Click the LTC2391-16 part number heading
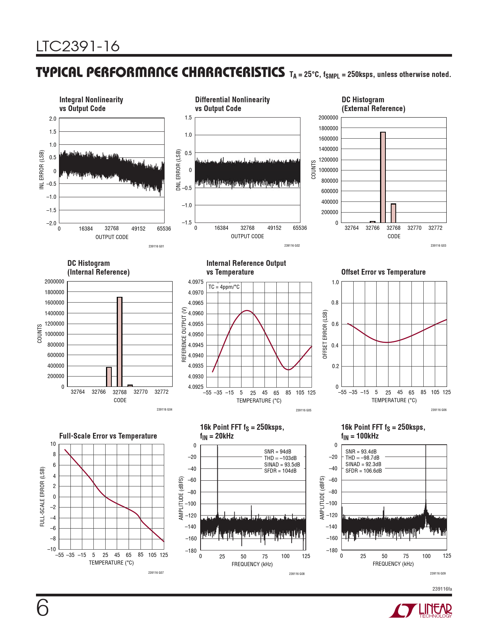pos(78,46)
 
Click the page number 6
pos(42,609)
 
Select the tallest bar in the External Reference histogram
pos(383,177)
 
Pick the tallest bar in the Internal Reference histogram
pos(119,342)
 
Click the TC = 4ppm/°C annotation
pos(224,287)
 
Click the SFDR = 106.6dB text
pos(364,471)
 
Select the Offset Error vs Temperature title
pos(383,272)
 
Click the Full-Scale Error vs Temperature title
pos(108,436)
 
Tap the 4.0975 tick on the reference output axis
pos(196,282)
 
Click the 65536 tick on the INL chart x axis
pos(164,229)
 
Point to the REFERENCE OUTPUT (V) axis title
pos(184,334)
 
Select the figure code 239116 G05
pos(304,410)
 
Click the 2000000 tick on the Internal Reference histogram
pos(54,282)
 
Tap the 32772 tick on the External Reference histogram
pos(435,228)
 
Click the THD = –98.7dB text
pos(362,458)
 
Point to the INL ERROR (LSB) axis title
pos(42,169)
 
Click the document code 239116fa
pos(442,589)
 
